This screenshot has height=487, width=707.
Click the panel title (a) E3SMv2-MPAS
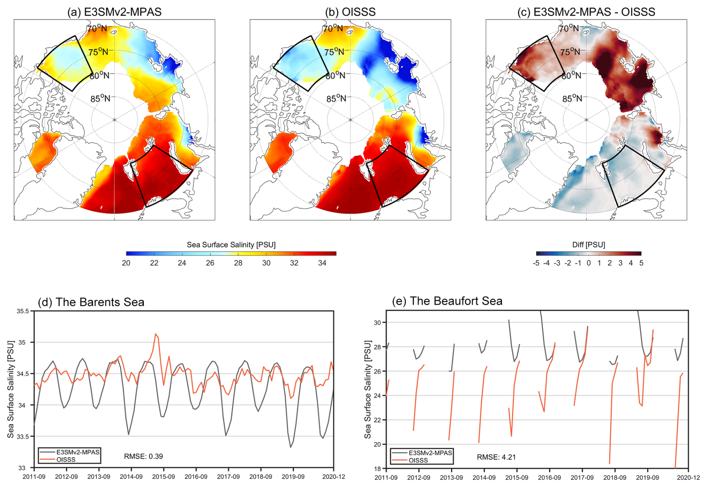point(114,12)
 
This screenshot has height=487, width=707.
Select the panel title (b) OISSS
point(350,12)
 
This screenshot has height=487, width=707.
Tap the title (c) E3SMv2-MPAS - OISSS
point(586,12)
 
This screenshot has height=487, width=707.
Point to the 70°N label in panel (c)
point(569,28)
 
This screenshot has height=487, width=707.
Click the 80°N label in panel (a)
point(100,76)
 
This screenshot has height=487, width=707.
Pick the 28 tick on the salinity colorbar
point(238,263)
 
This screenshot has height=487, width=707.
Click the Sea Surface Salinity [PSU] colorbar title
point(231,245)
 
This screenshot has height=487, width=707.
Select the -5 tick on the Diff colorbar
point(536,263)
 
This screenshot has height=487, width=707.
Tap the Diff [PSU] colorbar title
point(589,245)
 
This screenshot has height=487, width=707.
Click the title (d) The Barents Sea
point(91,302)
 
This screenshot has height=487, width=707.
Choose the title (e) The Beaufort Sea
point(447,301)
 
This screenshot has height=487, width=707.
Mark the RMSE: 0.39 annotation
point(143,456)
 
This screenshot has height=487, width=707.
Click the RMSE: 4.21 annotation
point(496,457)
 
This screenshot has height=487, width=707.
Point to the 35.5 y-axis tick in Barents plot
point(23,311)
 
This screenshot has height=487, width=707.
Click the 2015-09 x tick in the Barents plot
point(163,477)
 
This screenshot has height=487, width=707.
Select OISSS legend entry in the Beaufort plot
point(418,461)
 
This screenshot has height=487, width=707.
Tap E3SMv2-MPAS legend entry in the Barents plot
point(78,452)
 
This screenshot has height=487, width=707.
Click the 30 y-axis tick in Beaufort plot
point(377,323)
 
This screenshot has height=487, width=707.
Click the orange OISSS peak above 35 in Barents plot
point(156,334)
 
